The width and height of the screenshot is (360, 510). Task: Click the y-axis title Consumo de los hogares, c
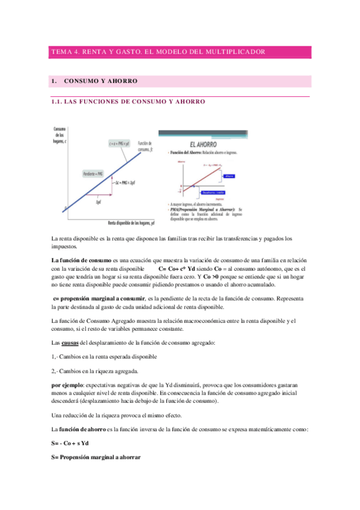click(59, 135)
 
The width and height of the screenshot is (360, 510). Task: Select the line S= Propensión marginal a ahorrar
click(96, 457)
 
